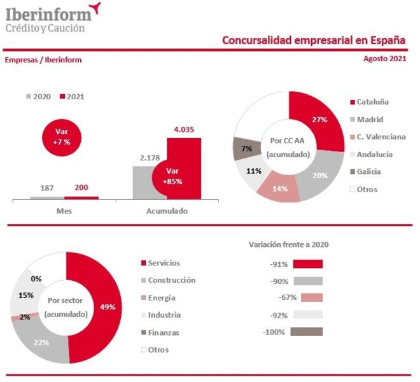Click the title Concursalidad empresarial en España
pos(314,41)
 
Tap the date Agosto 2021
pos(384,59)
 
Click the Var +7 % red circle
pos(62,137)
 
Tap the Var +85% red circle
pos(171,176)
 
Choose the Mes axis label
pos(64,211)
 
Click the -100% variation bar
pos(306,332)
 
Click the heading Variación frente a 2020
pos(287,244)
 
